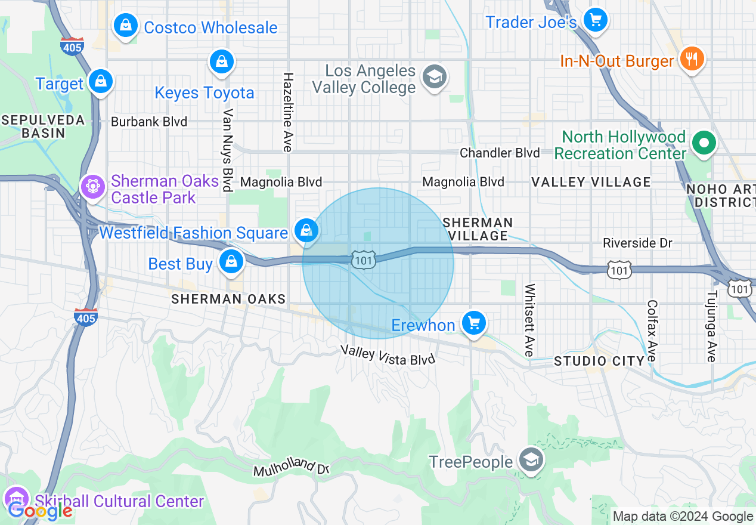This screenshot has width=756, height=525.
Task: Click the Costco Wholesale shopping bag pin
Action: [126, 26]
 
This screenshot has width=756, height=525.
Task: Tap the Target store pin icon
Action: [101, 82]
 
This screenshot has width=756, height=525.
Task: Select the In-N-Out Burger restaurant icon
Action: [692, 58]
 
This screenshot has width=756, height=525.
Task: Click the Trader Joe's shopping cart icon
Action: [594, 20]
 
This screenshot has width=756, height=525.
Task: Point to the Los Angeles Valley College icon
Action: [435, 76]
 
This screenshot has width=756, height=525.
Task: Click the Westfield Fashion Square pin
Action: [306, 230]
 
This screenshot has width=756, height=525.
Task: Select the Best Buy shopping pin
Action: [231, 261]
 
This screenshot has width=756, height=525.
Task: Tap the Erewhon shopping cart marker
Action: [474, 323]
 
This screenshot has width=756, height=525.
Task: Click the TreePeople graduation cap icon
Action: [530, 460]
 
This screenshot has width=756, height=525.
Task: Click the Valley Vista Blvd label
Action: [388, 355]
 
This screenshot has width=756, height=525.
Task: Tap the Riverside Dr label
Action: [637, 243]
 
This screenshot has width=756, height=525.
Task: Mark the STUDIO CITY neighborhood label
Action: [599, 361]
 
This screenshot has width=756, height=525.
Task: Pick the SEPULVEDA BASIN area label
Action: [42, 126]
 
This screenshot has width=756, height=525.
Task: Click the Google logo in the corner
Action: [40, 511]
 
